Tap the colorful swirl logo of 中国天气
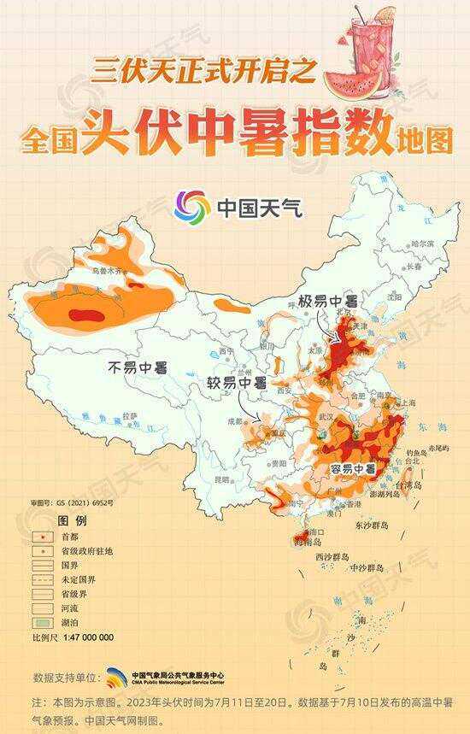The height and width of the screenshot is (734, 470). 192,206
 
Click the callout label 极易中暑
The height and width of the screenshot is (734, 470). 327,302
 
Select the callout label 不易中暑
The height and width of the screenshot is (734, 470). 137,367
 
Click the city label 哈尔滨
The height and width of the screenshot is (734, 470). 421,244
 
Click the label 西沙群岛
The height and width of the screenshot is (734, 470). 332,556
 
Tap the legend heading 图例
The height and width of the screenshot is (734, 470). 72,520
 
